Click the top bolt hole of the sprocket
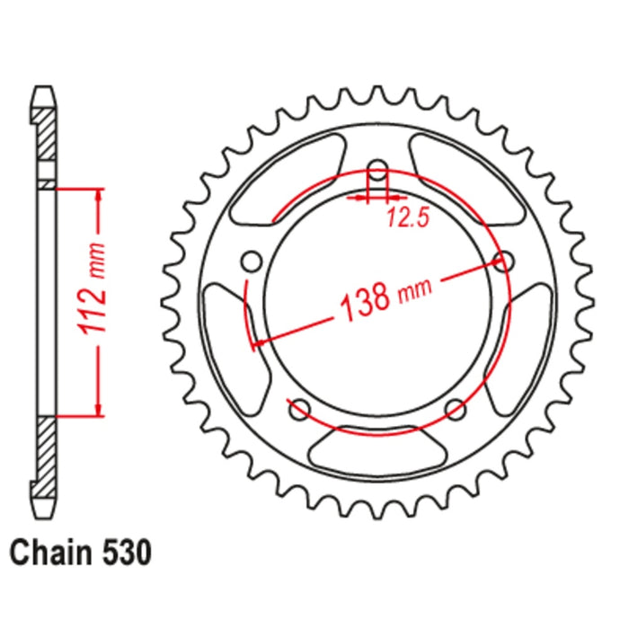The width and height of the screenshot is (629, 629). click(378, 170)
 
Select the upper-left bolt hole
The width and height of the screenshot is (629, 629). click(252, 261)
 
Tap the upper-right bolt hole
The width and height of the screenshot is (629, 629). click(504, 261)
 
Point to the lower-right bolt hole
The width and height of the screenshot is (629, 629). click(456, 410)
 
